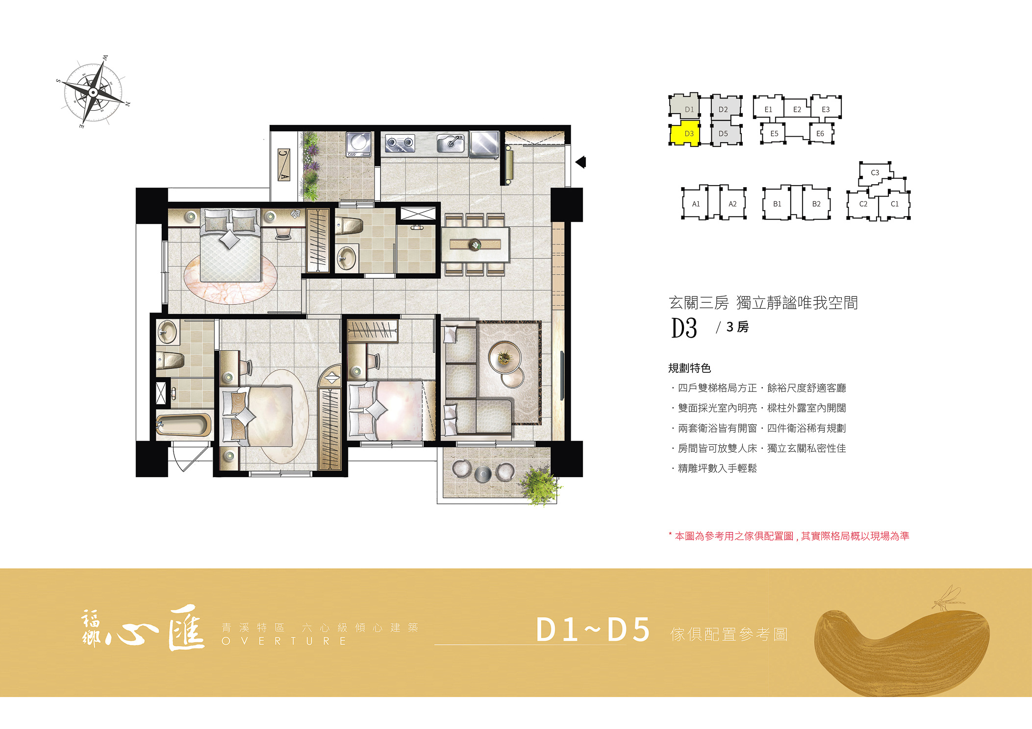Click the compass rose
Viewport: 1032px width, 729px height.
[93, 92]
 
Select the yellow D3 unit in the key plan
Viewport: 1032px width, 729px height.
[685, 134]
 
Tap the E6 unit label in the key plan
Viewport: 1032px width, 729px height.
[820, 133]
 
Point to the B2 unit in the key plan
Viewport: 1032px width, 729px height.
[816, 204]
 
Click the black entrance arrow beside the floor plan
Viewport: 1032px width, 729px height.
[580, 162]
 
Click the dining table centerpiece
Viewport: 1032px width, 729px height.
[475, 244]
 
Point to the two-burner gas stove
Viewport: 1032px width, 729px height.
[400, 143]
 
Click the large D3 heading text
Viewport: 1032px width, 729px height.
[684, 328]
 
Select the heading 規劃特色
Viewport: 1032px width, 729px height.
[689, 368]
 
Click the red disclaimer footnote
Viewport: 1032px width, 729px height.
[789, 536]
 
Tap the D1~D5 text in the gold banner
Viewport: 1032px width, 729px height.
[593, 630]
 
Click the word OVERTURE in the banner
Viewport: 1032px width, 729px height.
[284, 641]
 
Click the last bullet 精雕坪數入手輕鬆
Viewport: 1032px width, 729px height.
[717, 468]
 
